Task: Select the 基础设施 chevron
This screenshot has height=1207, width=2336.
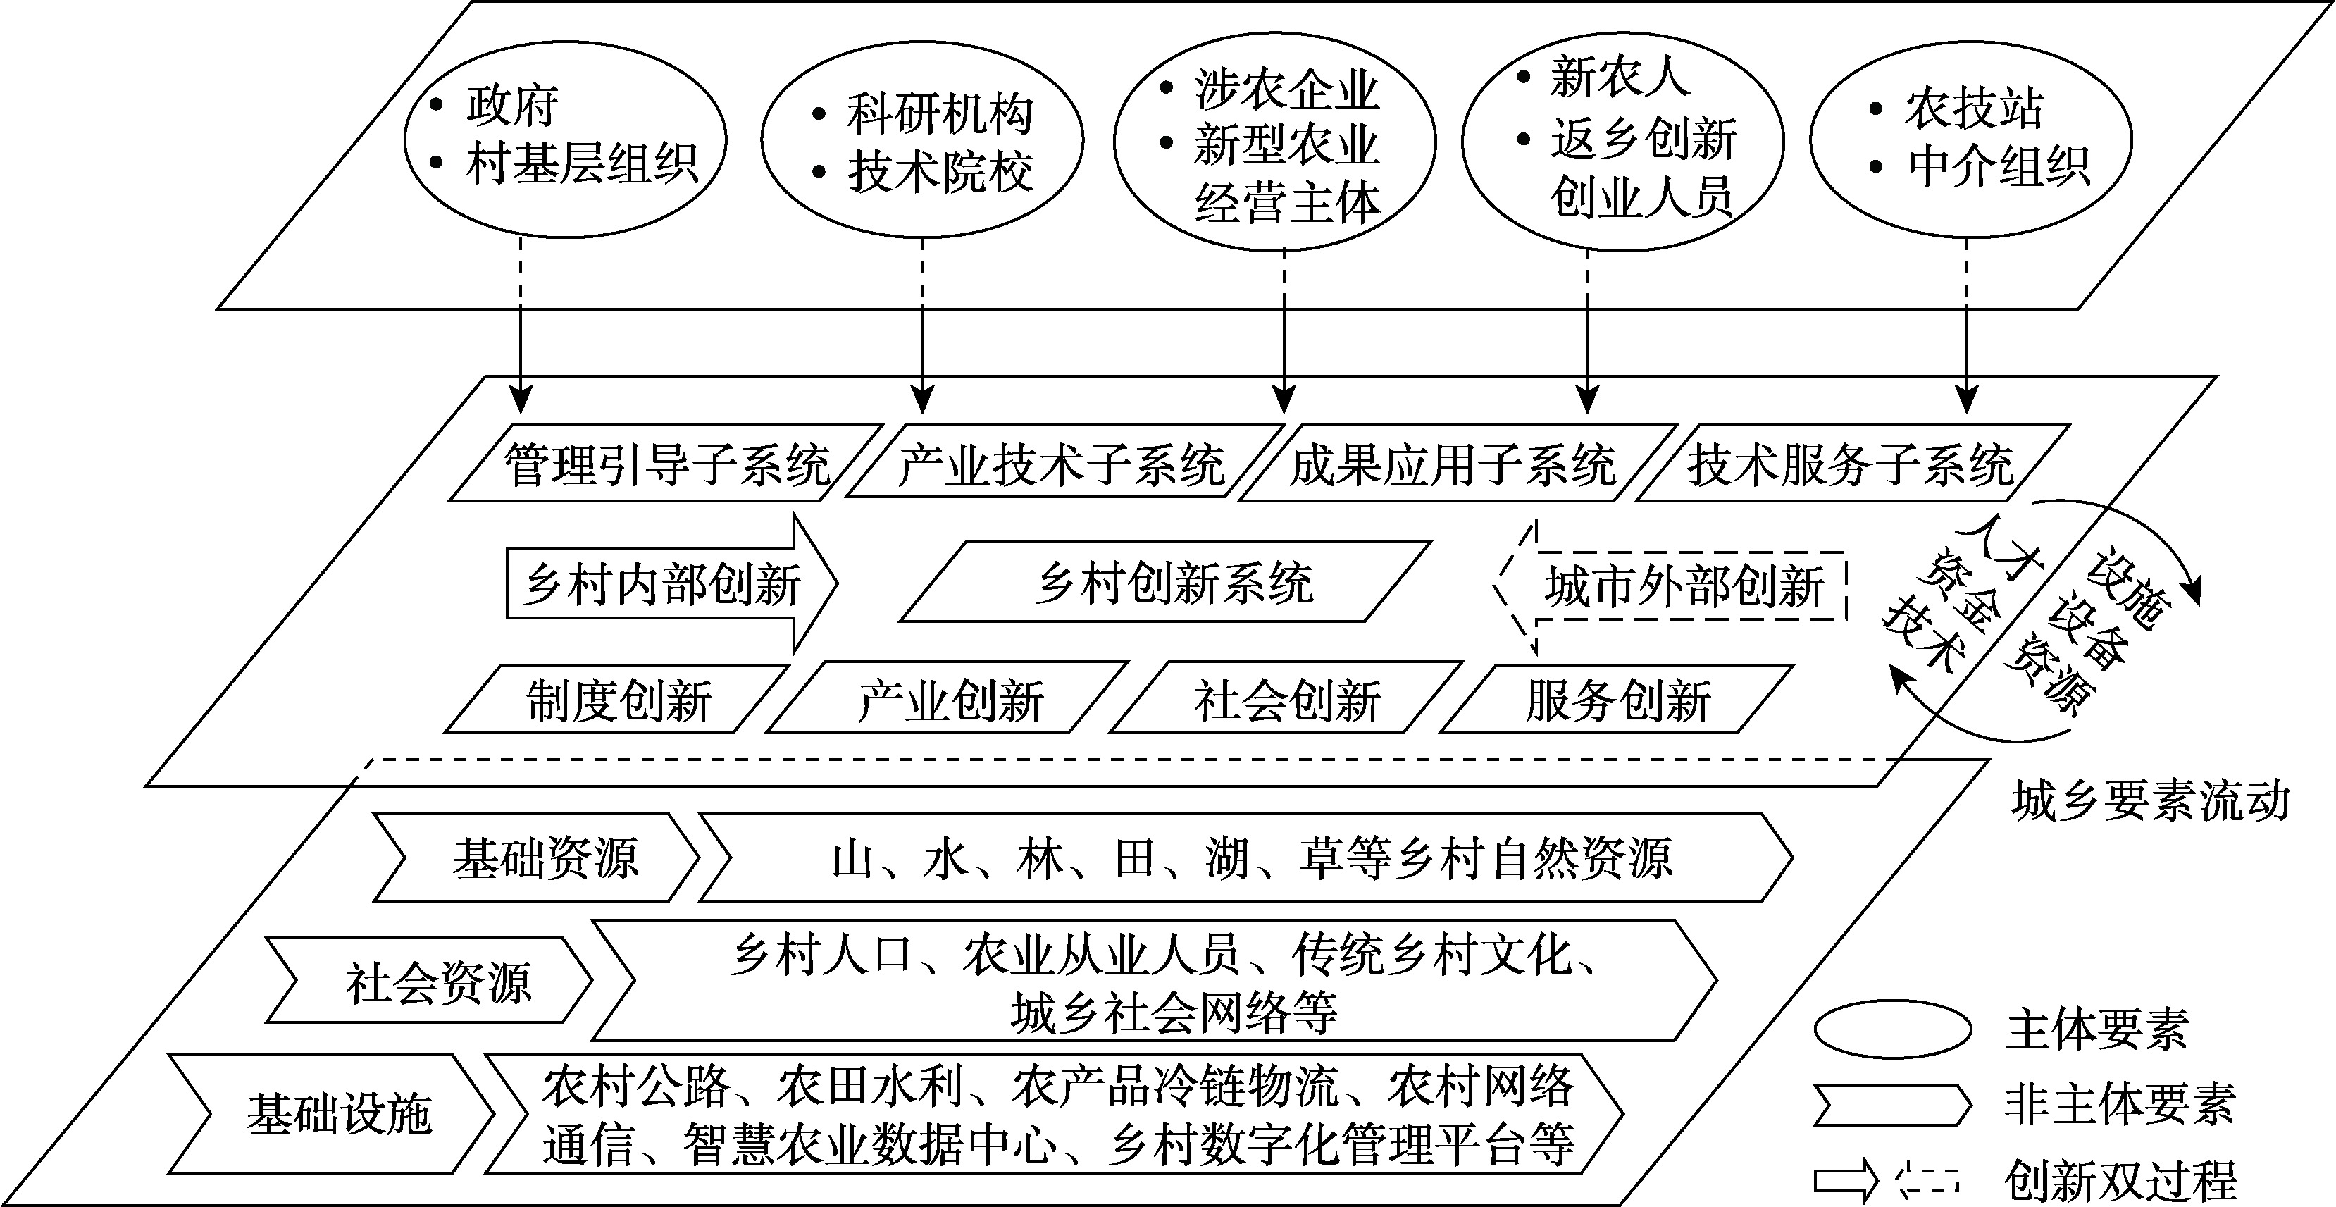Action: click(x=331, y=1113)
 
